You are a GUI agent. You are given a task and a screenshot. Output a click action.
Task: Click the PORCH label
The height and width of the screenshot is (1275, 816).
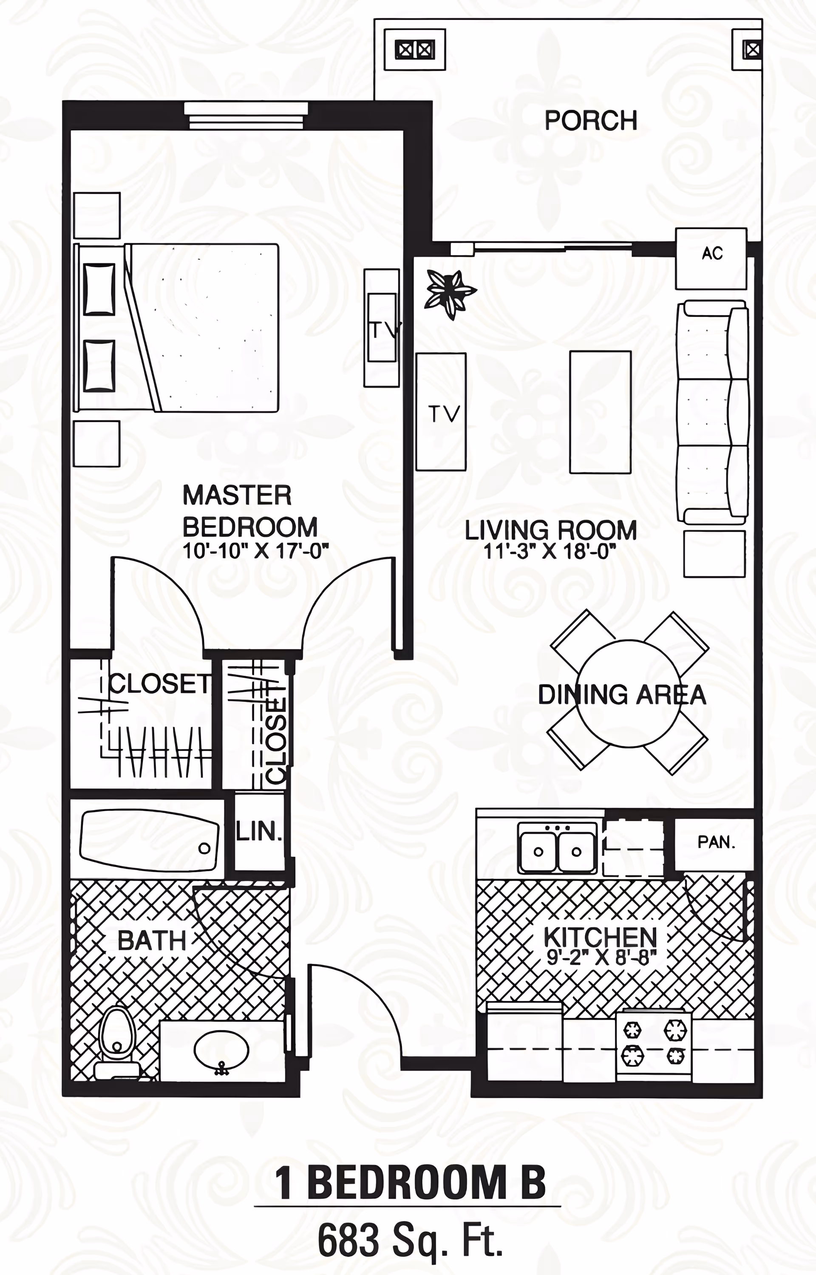tap(590, 120)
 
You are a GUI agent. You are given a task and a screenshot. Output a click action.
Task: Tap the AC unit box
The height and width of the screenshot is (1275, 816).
tap(711, 258)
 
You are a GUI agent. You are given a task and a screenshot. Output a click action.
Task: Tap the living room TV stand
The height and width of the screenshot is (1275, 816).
tap(441, 412)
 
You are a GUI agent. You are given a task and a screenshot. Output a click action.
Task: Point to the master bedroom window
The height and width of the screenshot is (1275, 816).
tap(245, 116)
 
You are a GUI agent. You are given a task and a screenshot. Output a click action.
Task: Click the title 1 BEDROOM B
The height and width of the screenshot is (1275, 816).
tap(409, 1183)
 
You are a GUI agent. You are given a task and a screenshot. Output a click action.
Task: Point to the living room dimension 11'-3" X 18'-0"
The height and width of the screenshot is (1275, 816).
tap(550, 552)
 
